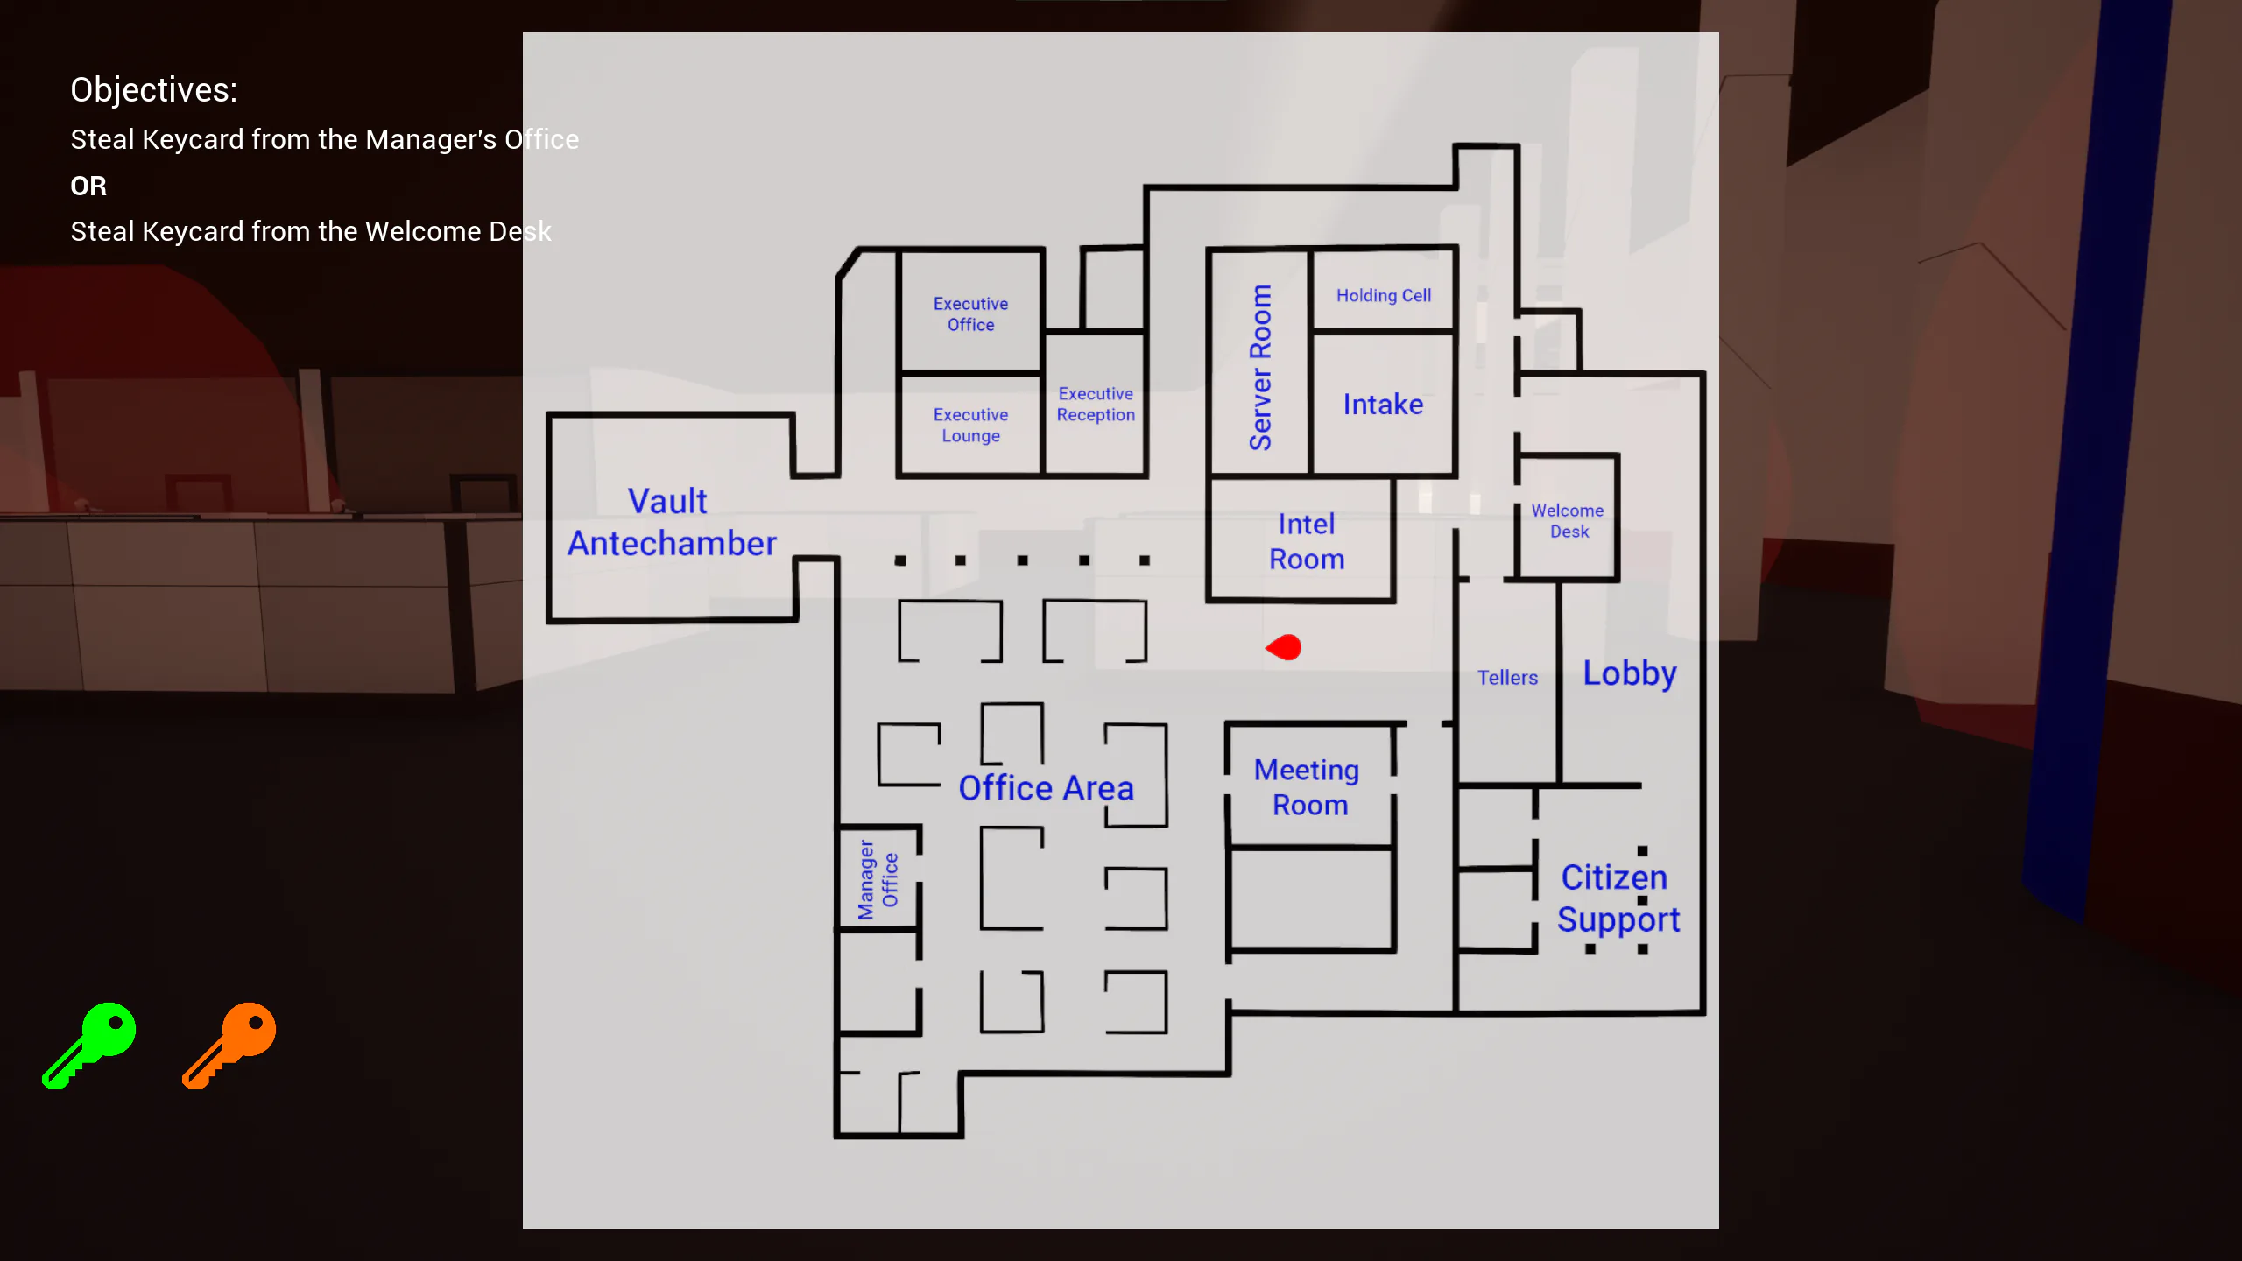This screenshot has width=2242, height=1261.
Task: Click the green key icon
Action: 90,1044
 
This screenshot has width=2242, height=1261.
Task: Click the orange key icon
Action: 230,1044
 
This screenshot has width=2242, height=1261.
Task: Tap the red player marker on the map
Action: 1284,648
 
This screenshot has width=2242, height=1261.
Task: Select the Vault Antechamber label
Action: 671,522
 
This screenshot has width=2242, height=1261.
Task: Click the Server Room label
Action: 1260,367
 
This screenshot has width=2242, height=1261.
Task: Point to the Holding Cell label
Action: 1384,296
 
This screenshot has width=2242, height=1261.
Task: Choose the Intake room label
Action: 1383,405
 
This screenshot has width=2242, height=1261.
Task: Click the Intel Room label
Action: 1307,541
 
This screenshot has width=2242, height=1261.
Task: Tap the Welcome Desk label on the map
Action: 1568,521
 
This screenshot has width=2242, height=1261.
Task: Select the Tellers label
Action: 1507,678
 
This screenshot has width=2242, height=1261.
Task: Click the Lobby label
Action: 1629,673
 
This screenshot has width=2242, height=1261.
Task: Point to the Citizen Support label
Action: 1618,898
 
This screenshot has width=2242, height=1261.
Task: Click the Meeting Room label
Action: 1308,787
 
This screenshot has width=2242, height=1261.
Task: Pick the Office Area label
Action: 1046,788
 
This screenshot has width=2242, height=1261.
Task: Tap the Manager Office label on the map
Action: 878,879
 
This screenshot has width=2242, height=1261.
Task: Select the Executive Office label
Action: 970,314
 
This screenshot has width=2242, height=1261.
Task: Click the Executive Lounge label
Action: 970,426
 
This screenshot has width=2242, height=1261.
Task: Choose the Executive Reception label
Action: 1096,405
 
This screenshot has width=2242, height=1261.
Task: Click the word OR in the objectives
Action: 88,186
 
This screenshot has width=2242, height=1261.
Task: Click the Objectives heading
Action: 154,89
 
